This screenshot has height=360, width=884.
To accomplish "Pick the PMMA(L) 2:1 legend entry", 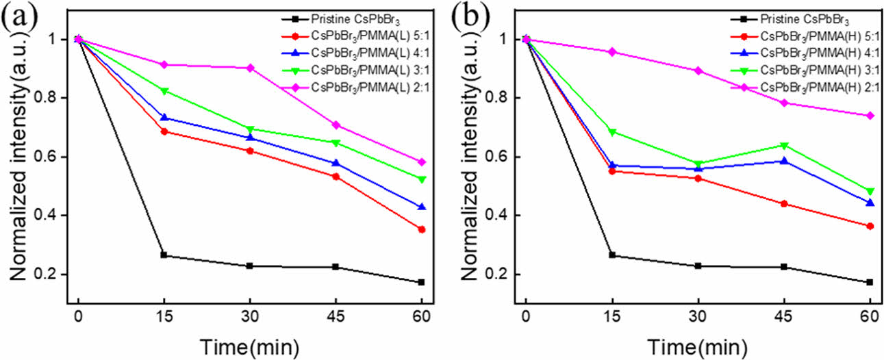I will click(362, 86).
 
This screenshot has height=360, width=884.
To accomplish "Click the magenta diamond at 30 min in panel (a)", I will click(250, 68).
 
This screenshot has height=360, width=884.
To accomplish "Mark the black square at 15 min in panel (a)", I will click(164, 255).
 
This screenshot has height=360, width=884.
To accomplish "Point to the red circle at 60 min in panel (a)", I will click(422, 229).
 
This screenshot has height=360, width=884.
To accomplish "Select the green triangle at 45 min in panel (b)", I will click(783, 145).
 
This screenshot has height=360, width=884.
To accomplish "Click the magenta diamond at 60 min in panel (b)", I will click(870, 116).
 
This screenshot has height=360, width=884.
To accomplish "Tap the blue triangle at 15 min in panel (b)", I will click(611, 165).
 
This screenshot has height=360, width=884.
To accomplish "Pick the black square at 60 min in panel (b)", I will click(870, 282).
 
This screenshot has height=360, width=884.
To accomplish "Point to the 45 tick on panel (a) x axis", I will click(336, 318).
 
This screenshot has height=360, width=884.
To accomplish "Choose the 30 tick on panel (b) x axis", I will click(697, 318).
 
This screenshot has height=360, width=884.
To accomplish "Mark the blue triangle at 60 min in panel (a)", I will click(422, 206).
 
